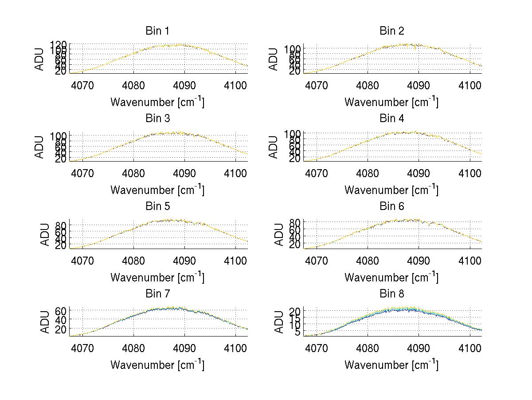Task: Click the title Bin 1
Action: pos(157,31)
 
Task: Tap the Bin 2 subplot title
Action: pos(391,31)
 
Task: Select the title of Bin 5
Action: pos(157,206)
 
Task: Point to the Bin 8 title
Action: pos(391,294)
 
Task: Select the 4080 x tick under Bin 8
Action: pos(368,348)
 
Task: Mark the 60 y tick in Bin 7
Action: pos(61,310)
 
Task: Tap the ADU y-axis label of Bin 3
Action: pos(40,147)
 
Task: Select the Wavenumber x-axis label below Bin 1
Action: pos(157,102)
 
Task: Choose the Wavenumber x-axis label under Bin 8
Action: pos(391,364)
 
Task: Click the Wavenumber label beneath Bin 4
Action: pos(391,190)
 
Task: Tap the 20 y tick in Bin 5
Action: pos(61,245)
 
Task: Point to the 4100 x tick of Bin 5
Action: pos(236,260)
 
